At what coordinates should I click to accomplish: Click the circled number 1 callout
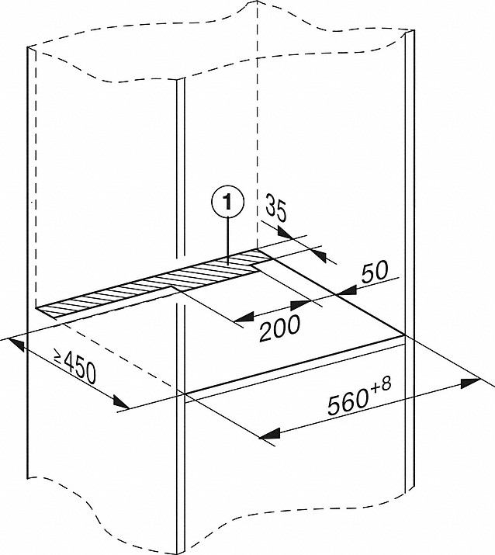tap(227, 203)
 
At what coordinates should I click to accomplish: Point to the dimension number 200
tap(280, 328)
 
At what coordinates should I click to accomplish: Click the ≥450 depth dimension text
tap(74, 366)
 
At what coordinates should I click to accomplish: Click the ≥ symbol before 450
tap(58, 356)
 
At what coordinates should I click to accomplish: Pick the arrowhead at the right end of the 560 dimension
tap(471, 382)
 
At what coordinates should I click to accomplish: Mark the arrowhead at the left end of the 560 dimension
tap(270, 434)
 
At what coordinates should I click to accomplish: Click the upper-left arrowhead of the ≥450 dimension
tap(16, 345)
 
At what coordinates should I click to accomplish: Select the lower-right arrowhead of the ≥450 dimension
tap(121, 402)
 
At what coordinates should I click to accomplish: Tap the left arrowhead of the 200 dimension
tap(244, 317)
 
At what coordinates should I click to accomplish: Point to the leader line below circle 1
tap(228, 240)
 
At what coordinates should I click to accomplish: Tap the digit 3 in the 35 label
tap(272, 205)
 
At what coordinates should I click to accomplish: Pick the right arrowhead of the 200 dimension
tap(300, 304)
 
